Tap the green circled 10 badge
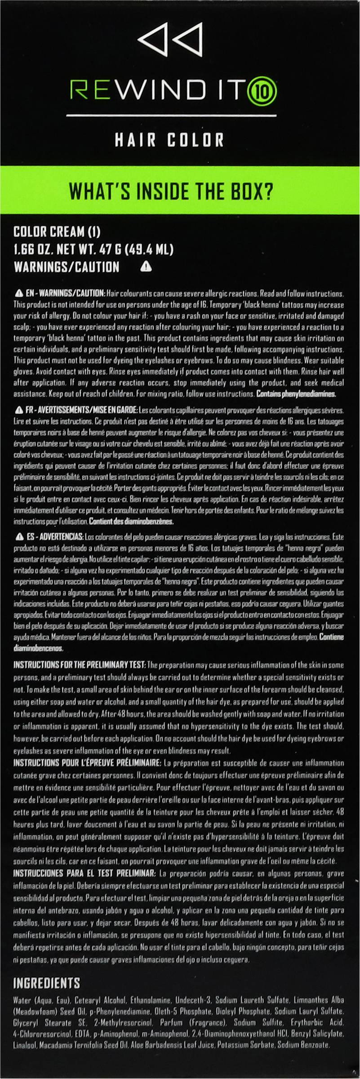[267, 91]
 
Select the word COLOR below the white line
[196, 140]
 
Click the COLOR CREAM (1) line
[57, 232]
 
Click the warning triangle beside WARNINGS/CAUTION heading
[146, 267]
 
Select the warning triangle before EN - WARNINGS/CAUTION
[19, 294]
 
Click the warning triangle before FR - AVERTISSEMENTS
[19, 410]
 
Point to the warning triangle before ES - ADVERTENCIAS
[19, 537]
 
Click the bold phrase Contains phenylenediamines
[296, 394]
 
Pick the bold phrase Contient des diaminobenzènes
[131, 522]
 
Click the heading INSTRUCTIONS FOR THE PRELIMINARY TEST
[79, 664]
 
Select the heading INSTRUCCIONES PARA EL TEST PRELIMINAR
[84, 873]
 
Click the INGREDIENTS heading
[47, 983]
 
